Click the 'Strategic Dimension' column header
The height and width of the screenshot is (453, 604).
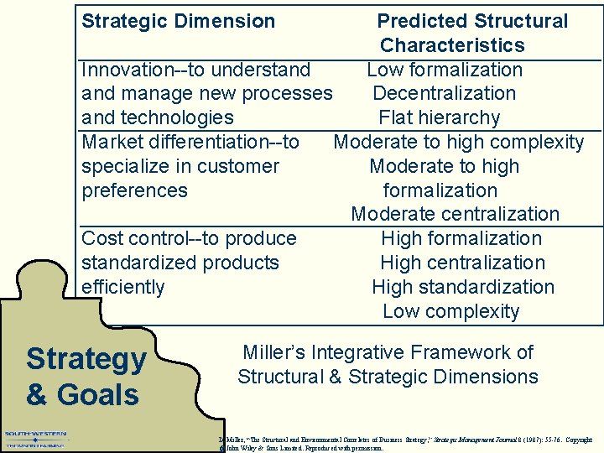(x=178, y=21)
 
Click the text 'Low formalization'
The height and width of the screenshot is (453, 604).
(x=445, y=70)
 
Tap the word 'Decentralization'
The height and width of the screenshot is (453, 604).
(x=444, y=93)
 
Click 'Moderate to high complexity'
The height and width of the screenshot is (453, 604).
(x=458, y=142)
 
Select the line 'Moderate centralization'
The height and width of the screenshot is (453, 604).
(x=455, y=215)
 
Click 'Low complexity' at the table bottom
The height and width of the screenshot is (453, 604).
(x=450, y=311)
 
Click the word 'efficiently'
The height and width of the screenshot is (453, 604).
(x=122, y=287)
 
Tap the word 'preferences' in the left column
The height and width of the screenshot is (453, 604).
(x=134, y=190)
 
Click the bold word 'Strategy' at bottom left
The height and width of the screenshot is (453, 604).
(x=86, y=359)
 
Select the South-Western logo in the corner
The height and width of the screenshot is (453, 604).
(x=35, y=439)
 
